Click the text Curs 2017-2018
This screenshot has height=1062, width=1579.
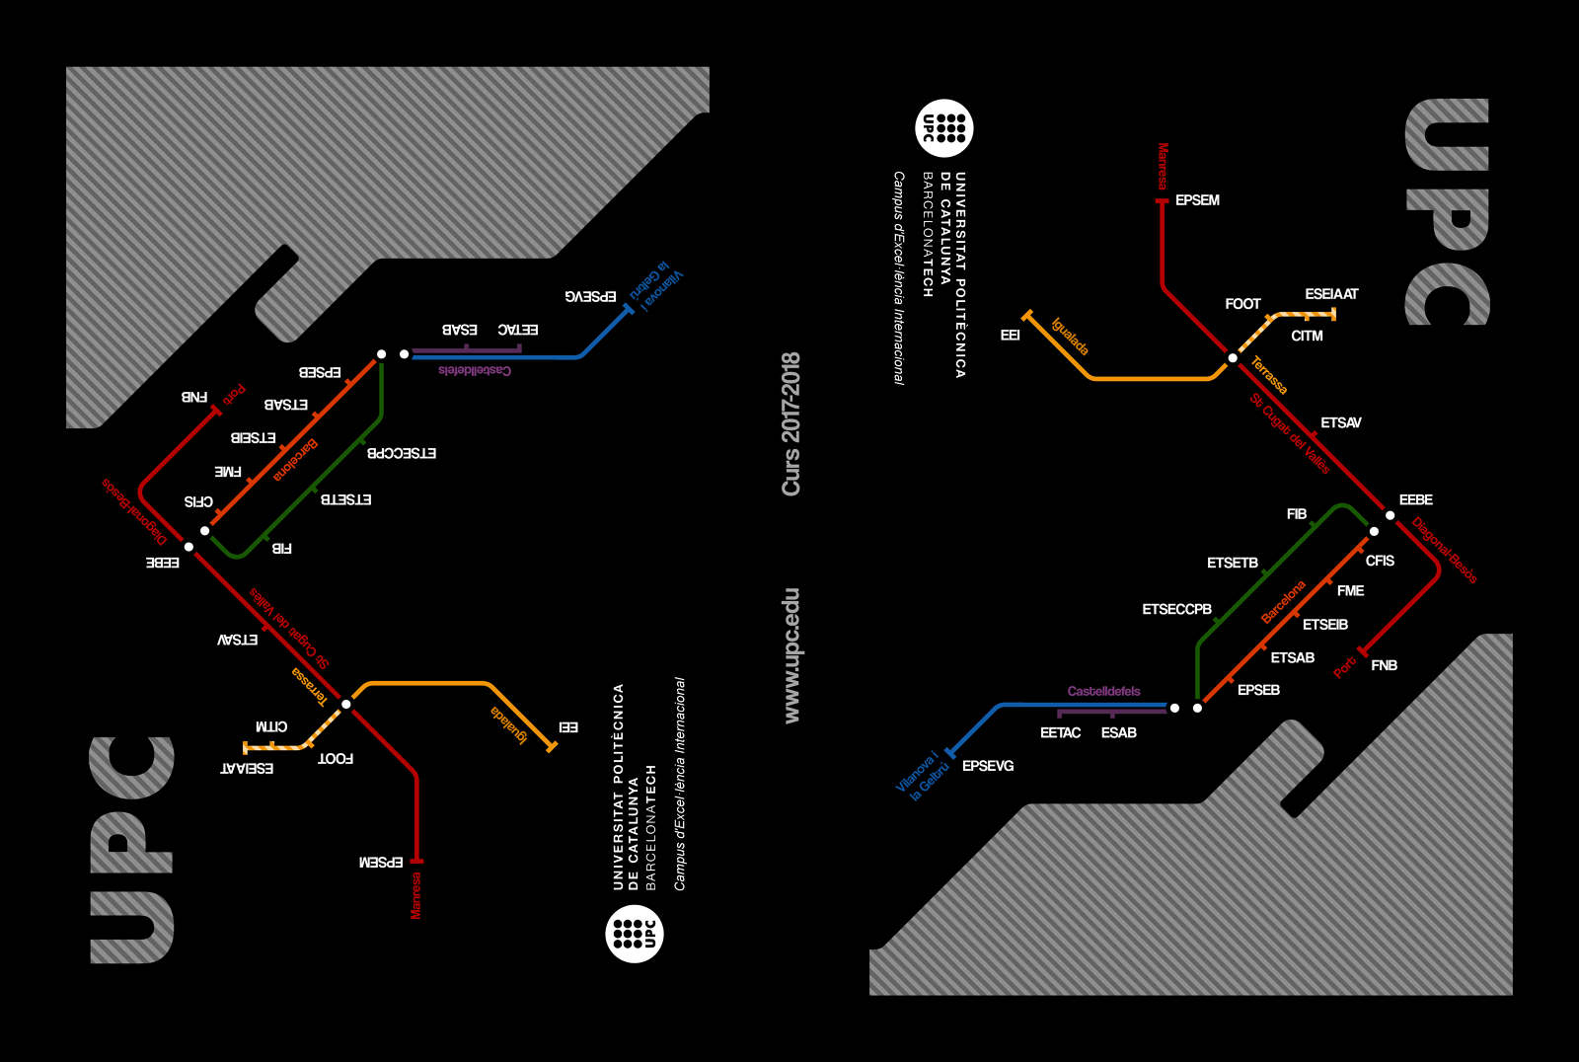[x=790, y=423]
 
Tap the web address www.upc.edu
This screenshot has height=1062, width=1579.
[x=790, y=655]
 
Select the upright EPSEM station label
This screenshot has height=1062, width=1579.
[x=1197, y=200]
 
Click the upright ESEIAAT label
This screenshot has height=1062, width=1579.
[x=1331, y=294]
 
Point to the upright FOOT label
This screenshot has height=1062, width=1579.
[x=1242, y=304]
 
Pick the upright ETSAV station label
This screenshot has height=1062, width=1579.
[x=1340, y=422]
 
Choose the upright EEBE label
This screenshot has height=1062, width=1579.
[x=1415, y=500]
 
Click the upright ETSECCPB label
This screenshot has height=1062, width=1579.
[x=1176, y=610]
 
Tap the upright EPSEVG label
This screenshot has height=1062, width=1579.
[x=987, y=766]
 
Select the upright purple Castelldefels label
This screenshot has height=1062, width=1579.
[x=1103, y=691]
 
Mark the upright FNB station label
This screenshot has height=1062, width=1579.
[x=1384, y=665]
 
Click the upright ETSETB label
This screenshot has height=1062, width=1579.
[x=1232, y=563]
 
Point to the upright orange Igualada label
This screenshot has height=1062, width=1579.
[x=1070, y=337]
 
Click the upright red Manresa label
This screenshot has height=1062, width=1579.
[x=1163, y=166]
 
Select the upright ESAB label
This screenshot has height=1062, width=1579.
[x=1118, y=732]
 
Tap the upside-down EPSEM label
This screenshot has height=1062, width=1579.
[x=381, y=863]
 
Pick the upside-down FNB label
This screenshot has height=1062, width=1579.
[x=194, y=397]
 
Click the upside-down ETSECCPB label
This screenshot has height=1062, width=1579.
[x=402, y=453]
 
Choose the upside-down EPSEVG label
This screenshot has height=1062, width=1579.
[x=590, y=296]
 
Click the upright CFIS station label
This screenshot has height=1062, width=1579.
[x=1380, y=561]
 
